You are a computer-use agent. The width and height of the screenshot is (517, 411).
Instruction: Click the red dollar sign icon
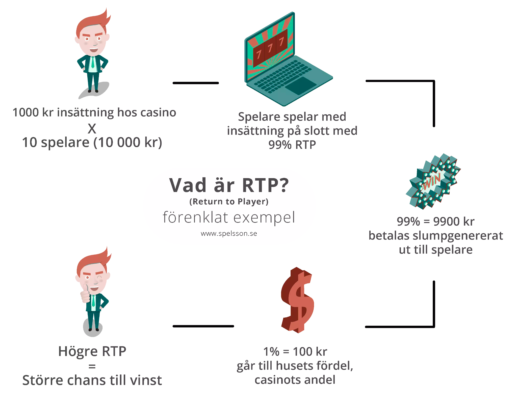click(297, 300)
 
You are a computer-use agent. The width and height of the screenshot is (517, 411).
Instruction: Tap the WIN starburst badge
click(433, 181)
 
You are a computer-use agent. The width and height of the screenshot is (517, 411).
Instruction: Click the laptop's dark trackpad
click(300, 86)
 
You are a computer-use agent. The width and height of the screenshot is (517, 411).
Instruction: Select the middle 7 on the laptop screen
click(270, 47)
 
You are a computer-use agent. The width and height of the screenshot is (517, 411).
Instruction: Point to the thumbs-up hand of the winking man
click(85, 294)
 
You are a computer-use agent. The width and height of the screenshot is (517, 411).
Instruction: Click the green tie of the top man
click(93, 62)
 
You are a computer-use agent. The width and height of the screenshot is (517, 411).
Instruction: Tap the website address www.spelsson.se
click(229, 233)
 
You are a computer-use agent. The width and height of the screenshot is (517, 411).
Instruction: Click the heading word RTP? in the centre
click(265, 185)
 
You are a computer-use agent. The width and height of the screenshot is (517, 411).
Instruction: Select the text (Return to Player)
click(229, 201)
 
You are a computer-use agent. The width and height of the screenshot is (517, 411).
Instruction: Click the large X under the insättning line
click(92, 129)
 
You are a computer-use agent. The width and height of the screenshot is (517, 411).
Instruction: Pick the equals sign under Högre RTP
click(92, 366)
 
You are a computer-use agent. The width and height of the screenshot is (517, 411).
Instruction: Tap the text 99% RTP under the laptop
click(292, 145)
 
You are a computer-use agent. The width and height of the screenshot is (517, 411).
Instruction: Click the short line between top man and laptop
click(196, 83)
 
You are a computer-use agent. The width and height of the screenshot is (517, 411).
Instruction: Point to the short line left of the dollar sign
click(203, 326)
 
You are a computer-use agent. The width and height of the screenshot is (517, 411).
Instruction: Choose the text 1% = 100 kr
click(295, 351)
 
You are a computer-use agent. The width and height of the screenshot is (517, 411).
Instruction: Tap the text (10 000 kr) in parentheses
click(128, 143)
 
